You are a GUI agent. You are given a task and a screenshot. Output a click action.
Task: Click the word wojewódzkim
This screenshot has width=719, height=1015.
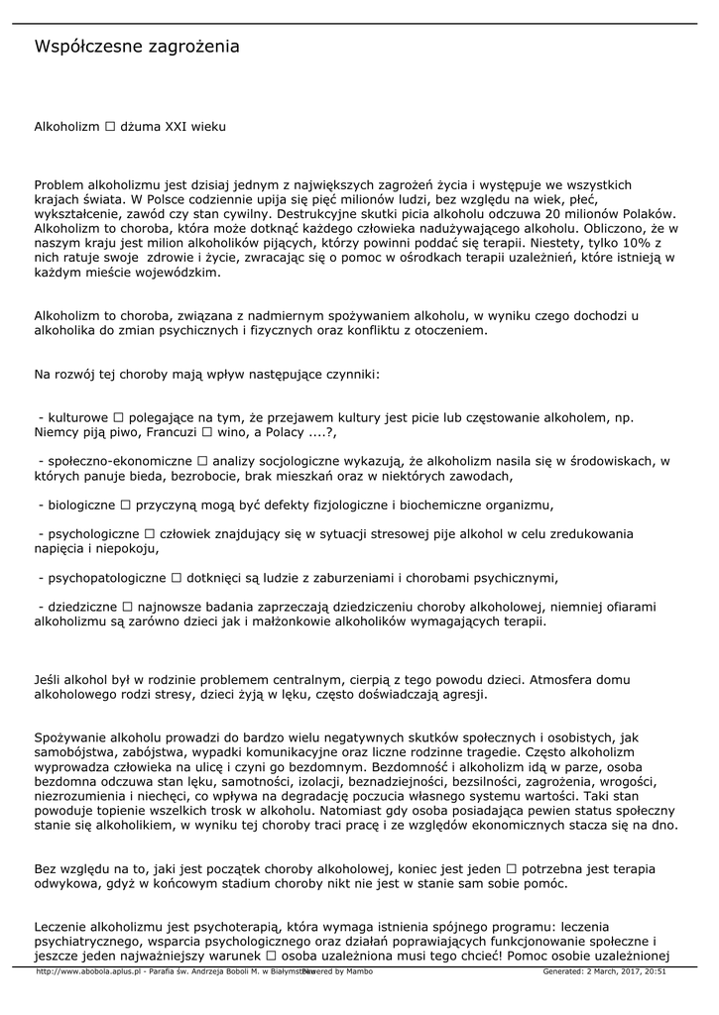point(179,271)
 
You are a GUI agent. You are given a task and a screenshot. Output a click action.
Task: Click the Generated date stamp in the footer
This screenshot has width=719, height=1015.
point(604,971)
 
